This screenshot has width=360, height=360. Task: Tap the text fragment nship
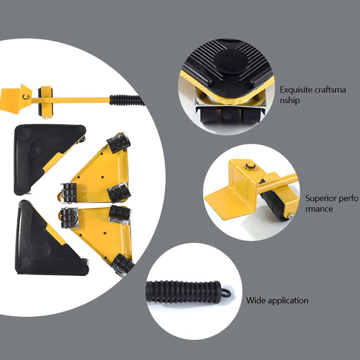pyautogui.click(x=290, y=101)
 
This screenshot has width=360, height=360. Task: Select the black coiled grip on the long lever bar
pyautogui.click(x=126, y=100)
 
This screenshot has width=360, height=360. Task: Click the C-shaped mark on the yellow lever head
pyautogui.click(x=26, y=97)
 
